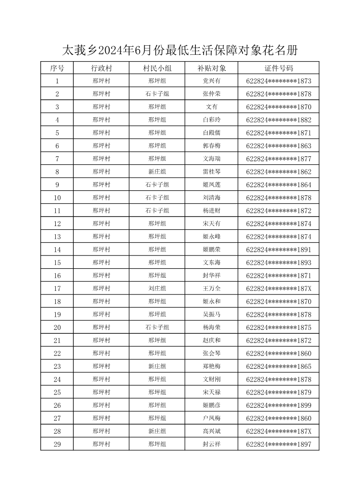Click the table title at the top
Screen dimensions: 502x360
pos(180,50)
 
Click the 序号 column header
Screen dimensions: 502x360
pos(57,68)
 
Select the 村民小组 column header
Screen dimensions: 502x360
pos(157,68)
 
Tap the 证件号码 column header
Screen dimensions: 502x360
pos(278,68)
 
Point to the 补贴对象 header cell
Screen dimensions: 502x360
pos(211,68)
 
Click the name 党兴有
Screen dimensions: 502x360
pos(211,81)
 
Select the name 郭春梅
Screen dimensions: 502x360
pos(211,146)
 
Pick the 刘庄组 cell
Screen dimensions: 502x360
pos(157,289)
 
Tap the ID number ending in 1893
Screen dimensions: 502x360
pos(278,263)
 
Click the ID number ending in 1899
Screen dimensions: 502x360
pos(278,405)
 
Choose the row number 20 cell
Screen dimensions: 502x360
pos(57,328)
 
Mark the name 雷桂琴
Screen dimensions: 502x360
pos(211,172)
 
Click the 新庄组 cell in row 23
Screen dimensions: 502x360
pos(157,367)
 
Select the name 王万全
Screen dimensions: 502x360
pos(211,289)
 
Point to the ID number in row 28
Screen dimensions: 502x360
pos(278,431)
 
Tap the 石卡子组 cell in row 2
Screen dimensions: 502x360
pos(157,94)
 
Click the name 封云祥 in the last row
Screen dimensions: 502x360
pos(211,444)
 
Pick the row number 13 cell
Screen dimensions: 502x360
pos(57,237)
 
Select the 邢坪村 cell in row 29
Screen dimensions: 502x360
pos(101,444)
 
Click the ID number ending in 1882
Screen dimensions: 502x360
pos(278,120)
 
